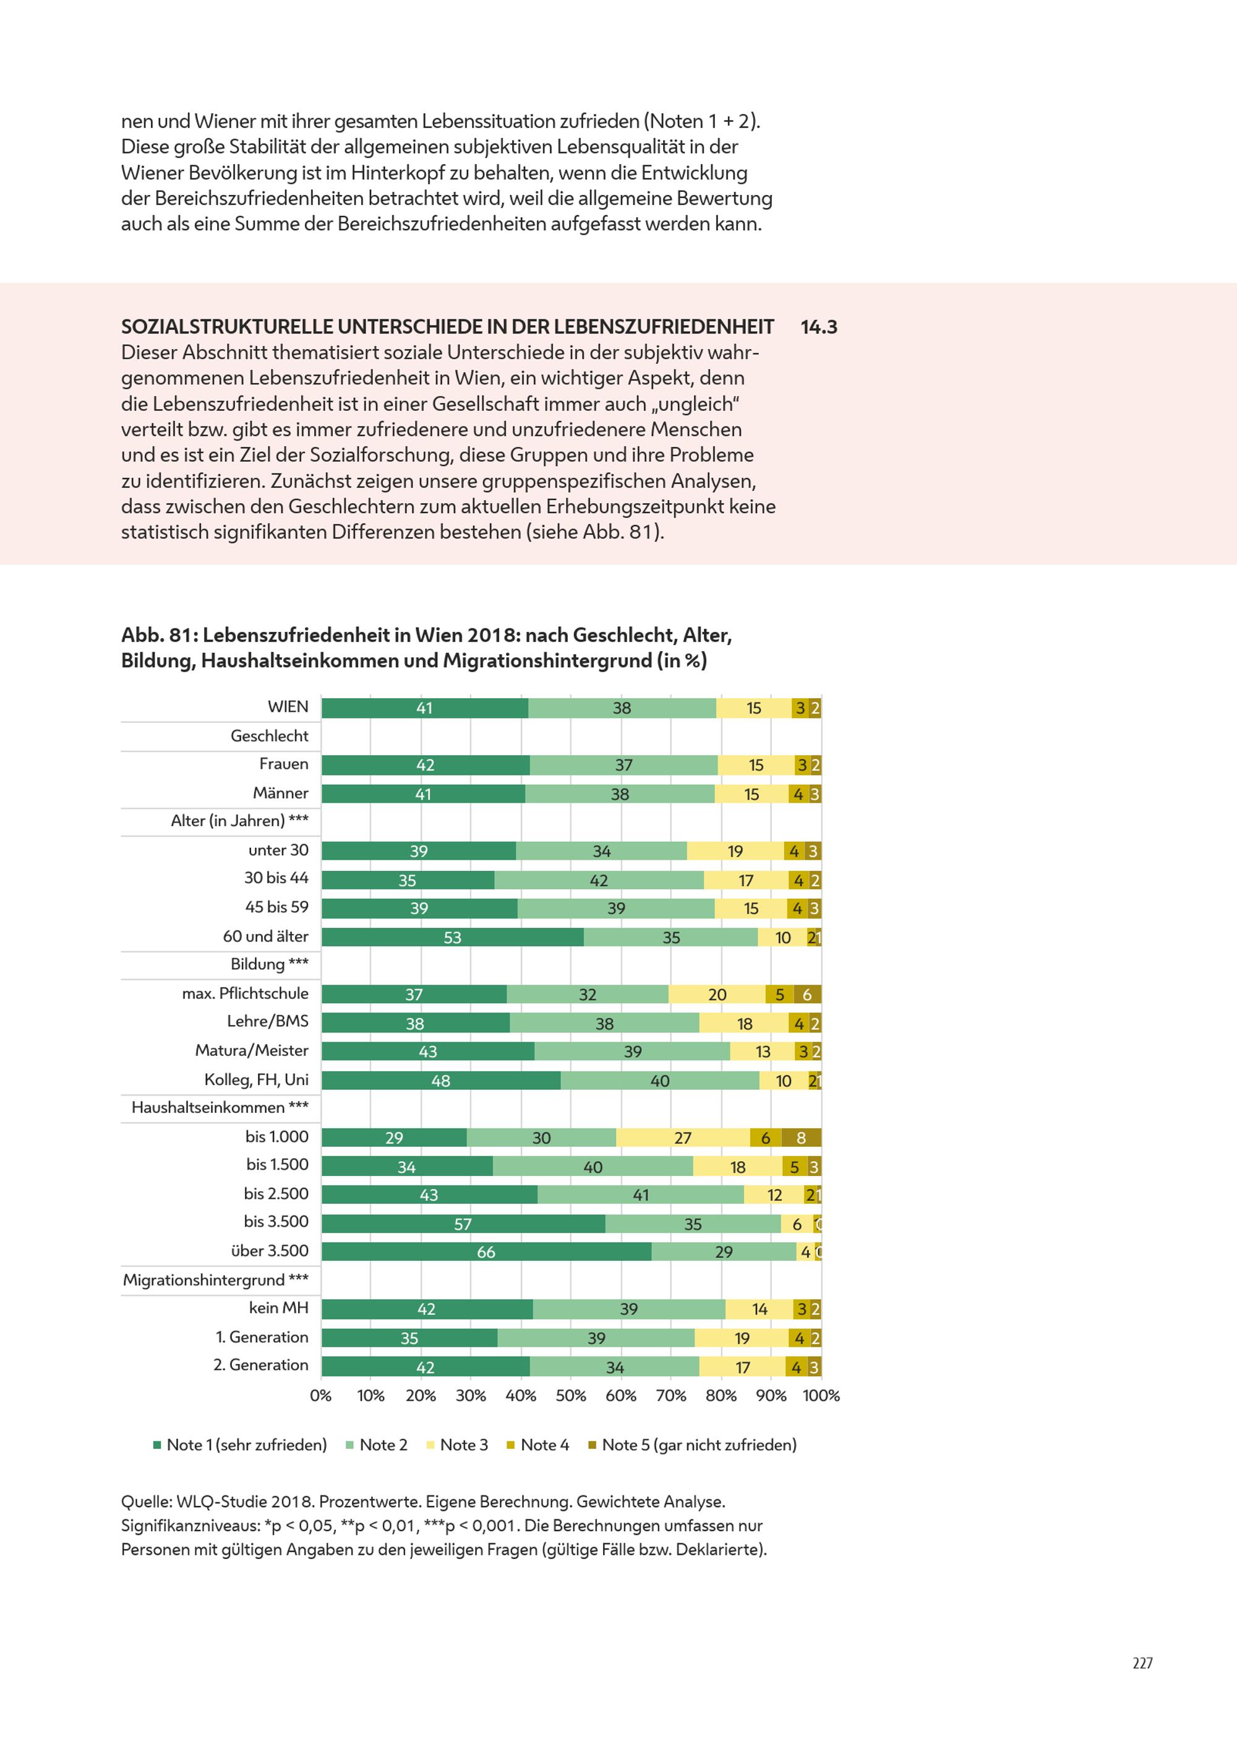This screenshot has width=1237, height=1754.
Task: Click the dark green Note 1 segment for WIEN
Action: [x=424, y=708]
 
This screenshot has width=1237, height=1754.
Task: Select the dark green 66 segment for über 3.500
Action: [x=486, y=1252]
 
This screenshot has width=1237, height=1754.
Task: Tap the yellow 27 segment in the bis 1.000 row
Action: [x=683, y=1138]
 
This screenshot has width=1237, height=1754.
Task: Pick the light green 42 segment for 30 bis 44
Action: [x=599, y=880]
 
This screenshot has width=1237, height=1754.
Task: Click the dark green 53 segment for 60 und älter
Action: [x=452, y=938]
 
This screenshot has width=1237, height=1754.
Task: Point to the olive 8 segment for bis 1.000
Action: [x=801, y=1138]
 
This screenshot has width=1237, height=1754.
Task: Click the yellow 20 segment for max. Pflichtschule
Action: [x=717, y=995]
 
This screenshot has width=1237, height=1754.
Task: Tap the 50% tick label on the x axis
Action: [x=570, y=1396]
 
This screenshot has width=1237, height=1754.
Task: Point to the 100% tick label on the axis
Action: [x=821, y=1396]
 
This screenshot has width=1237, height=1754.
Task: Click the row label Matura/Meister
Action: [x=252, y=1050]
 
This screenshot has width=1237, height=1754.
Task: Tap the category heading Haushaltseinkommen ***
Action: [x=220, y=1108]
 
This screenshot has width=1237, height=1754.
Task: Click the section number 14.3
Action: [x=818, y=327]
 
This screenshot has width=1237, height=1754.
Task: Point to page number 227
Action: [x=1142, y=1663]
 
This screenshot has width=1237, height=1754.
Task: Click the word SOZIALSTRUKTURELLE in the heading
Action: [x=227, y=327]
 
